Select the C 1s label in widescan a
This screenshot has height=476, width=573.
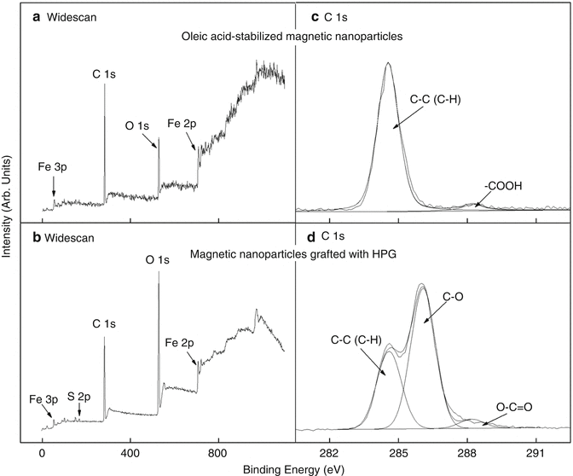pos(105,74)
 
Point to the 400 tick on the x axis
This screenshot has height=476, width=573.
pos(130,456)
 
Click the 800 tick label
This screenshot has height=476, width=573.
pos(219,456)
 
